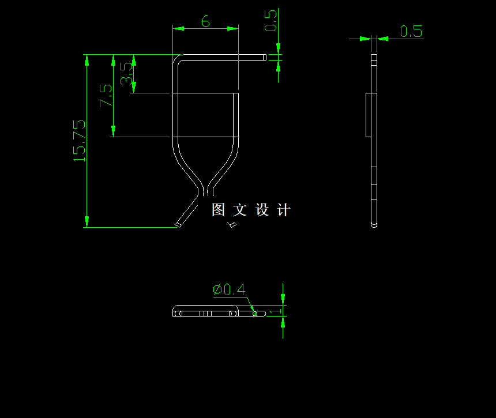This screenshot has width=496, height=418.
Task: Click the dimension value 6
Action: coord(205,21)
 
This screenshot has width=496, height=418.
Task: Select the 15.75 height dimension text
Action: coord(79,140)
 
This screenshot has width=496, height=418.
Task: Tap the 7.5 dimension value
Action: coord(106,95)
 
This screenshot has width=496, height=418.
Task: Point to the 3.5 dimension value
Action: coord(127,73)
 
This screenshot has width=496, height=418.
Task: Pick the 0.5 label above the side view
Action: coord(411,31)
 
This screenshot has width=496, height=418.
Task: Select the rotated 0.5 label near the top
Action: coord(270,21)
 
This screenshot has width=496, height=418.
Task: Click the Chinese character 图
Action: coord(219,210)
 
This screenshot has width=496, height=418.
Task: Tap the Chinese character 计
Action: coord(284,210)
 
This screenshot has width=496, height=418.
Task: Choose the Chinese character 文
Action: coord(241,210)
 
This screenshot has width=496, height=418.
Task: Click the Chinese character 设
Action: coord(262,210)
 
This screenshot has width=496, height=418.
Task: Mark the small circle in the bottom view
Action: coord(255,314)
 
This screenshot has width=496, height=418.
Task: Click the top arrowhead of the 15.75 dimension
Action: coord(87,59)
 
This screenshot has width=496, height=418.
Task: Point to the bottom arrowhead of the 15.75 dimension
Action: coord(87,222)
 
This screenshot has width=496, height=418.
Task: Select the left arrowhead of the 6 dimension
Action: coord(178,28)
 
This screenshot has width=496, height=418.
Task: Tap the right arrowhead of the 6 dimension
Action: coord(233,28)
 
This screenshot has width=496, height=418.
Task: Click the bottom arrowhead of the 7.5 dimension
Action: coord(114,132)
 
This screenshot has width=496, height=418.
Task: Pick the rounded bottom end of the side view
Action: coord(374,224)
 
